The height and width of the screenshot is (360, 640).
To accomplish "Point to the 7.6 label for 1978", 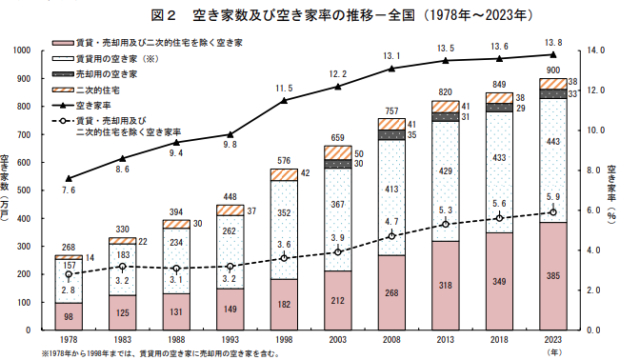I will tap(68, 190).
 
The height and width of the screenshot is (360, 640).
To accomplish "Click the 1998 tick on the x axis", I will tap(285, 339).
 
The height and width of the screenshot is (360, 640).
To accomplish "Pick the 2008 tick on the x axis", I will tap(393, 339).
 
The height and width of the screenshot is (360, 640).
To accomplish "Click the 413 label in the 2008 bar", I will tap(393, 189).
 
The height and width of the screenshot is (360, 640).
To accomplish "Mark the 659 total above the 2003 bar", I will tap(338, 137).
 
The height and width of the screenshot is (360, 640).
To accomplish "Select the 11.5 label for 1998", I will tap(284, 89).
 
